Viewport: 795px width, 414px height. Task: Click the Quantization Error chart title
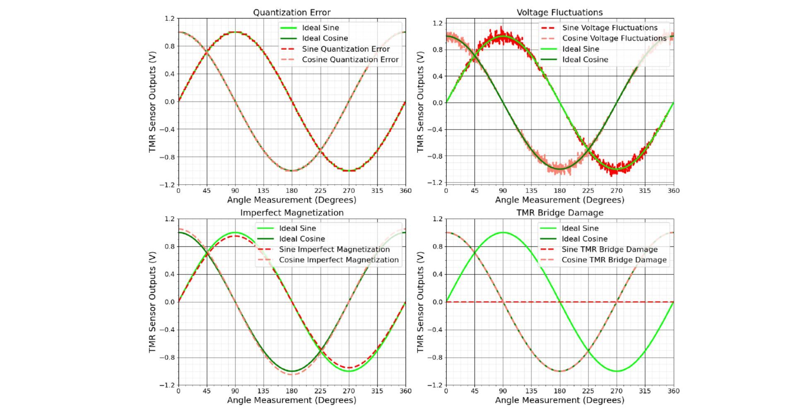tap(291, 12)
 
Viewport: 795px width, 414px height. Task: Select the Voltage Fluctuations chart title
tap(559, 12)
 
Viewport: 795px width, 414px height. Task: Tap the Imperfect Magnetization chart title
tap(291, 213)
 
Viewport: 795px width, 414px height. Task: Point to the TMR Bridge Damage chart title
tap(559, 213)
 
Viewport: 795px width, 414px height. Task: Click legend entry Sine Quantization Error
tap(346, 49)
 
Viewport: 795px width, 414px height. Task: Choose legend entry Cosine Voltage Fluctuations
tap(614, 39)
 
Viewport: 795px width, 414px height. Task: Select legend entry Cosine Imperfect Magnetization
tap(339, 260)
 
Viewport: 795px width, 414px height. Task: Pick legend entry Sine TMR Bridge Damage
tap(609, 250)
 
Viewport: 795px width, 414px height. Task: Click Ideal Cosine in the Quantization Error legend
tap(325, 39)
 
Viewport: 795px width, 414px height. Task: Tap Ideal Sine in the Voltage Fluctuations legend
tap(581, 49)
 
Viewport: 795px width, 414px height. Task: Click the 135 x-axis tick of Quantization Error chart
tap(263, 191)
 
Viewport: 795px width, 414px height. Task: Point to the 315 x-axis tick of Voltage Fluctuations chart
tap(645, 191)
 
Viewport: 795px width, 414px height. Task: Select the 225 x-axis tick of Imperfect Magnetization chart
tap(320, 391)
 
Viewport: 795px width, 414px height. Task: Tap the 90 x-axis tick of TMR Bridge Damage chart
tap(503, 391)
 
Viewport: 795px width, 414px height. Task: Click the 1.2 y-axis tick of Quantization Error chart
tap(170, 19)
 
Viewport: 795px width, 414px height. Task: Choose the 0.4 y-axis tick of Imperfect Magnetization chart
tap(170, 274)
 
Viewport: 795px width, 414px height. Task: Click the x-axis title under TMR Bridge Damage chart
tap(559, 400)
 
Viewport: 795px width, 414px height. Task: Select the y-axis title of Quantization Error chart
tap(152, 102)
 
